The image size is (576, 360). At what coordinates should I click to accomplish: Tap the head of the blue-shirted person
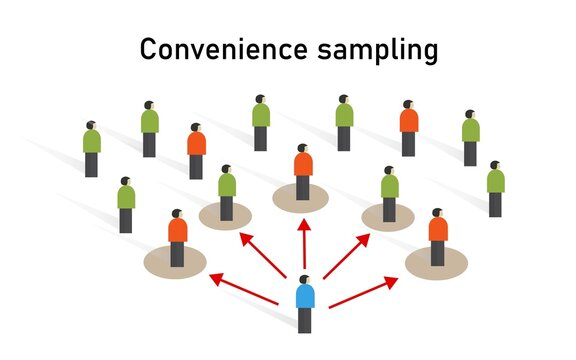(304, 280)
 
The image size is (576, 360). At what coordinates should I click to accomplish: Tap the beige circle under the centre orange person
(301, 198)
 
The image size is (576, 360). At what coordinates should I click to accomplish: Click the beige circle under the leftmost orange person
(176, 262)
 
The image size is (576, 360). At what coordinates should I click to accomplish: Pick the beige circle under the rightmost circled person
(437, 262)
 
